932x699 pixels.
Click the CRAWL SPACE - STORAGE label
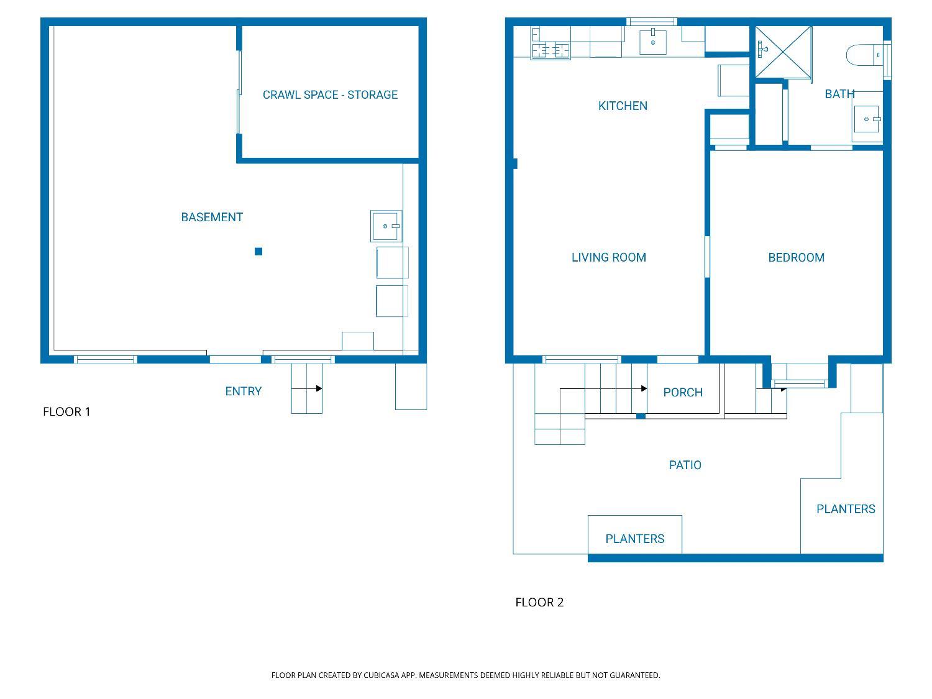[330, 95]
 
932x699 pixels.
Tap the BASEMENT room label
[212, 217]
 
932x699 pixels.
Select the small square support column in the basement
[258, 252]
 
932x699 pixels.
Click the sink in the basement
[386, 226]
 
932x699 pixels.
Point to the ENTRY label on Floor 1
[243, 391]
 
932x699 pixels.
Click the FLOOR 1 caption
[66, 412]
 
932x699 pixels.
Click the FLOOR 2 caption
[539, 602]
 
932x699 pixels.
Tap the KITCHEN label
[623, 106]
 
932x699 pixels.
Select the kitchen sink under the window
[653, 42]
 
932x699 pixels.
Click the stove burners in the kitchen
[551, 49]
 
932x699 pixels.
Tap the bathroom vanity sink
[867, 119]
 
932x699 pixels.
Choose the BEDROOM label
[796, 258]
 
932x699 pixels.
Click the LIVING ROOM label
[608, 258]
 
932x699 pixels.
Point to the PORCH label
[682, 393]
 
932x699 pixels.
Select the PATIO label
[685, 465]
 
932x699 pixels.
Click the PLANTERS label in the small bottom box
[634, 539]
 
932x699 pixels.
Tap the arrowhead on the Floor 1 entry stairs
[319, 388]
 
